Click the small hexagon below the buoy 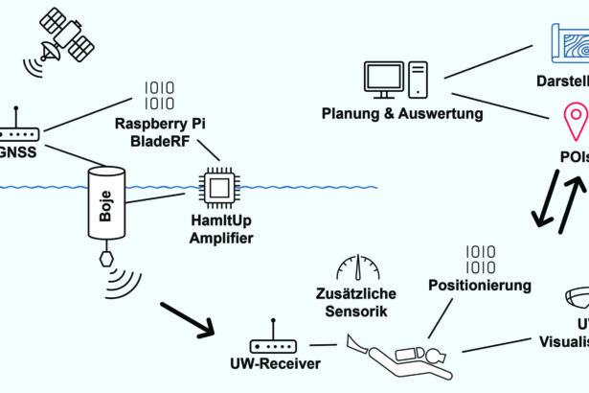[x=105, y=260]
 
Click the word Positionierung [x=480, y=285]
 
